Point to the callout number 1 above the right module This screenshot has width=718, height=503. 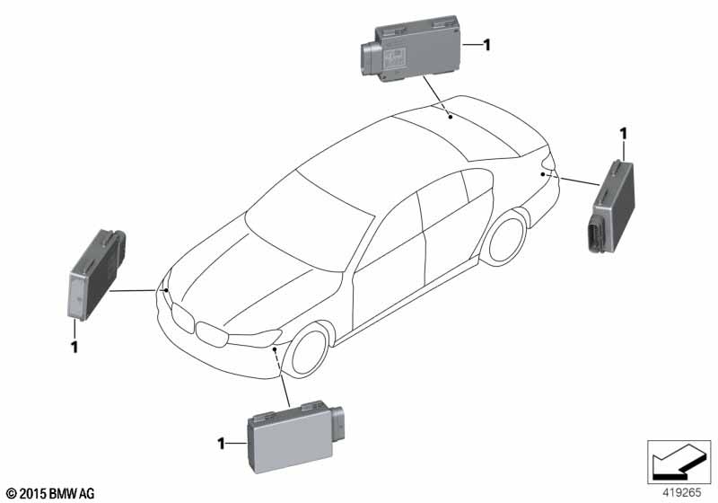(x=621, y=135)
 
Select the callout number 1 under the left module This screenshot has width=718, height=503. (x=74, y=345)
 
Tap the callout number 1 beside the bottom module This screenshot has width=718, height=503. (x=221, y=442)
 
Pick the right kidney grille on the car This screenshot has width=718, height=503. (x=214, y=335)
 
